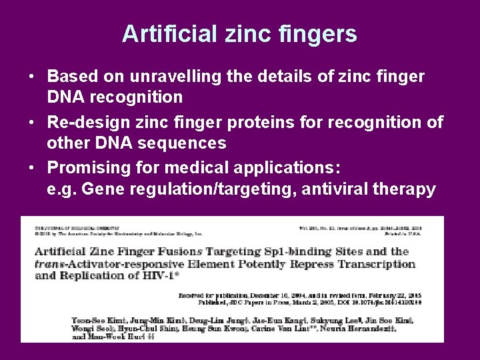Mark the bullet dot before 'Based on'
32,78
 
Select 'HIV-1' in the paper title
169,275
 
